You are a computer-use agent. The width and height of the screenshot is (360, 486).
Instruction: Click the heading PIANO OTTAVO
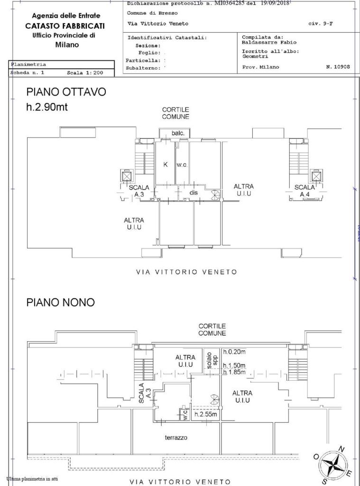click(x=66, y=92)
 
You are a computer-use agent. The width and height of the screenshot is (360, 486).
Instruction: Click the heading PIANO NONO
click(x=60, y=302)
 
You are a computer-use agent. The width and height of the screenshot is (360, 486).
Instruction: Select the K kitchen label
click(x=166, y=165)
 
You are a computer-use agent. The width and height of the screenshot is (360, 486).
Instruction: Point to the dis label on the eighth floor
click(x=193, y=193)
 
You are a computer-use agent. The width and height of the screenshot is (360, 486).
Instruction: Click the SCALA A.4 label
click(x=305, y=190)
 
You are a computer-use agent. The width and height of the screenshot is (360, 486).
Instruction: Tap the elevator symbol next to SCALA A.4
click(x=315, y=177)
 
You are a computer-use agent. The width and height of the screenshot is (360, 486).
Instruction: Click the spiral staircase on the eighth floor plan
click(x=216, y=195)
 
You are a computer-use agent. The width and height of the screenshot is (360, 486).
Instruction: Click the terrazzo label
click(x=176, y=438)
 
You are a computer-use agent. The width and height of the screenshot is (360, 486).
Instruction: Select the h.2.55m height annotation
click(x=206, y=414)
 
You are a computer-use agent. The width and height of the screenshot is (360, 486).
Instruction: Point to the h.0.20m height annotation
click(x=234, y=352)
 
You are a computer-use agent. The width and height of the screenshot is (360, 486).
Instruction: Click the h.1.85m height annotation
click(x=234, y=372)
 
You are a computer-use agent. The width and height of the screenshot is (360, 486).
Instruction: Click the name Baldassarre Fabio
click(x=262, y=42)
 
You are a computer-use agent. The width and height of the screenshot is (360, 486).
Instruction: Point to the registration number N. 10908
click(x=338, y=67)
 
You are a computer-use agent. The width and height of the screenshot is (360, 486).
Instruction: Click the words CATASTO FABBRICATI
click(x=65, y=26)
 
